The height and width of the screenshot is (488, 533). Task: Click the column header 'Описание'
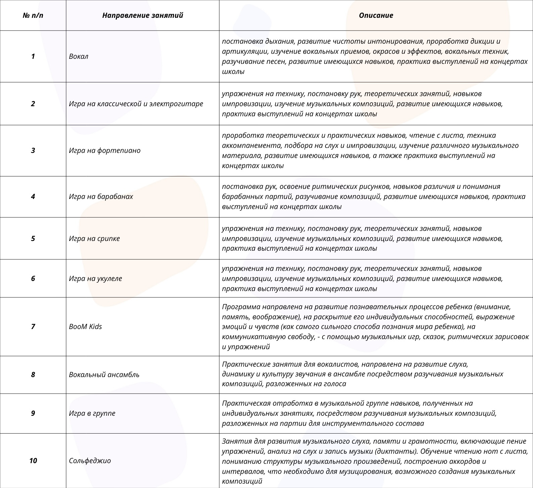[376, 15]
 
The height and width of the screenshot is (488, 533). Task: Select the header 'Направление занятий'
[142, 15]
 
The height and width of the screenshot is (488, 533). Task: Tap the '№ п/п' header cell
[33, 15]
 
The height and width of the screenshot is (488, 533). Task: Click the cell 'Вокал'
[79, 56]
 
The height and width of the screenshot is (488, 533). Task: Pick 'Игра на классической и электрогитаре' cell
[136, 104]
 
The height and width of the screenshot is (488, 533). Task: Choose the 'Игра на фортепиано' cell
[104, 151]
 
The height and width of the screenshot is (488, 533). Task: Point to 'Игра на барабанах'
[101, 197]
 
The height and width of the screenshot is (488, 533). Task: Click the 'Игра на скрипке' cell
[94, 239]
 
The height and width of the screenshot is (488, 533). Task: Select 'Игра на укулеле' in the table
[95, 279]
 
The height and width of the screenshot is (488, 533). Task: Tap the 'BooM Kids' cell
[85, 327]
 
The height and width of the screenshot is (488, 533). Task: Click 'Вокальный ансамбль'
[104, 375]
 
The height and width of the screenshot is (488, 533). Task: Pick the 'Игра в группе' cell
[92, 413]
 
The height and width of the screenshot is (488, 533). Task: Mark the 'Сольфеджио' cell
[90, 461]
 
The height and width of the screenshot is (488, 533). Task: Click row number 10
[33, 461]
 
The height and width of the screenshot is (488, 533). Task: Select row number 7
[33, 327]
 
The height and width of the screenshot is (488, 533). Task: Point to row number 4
[33, 197]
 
